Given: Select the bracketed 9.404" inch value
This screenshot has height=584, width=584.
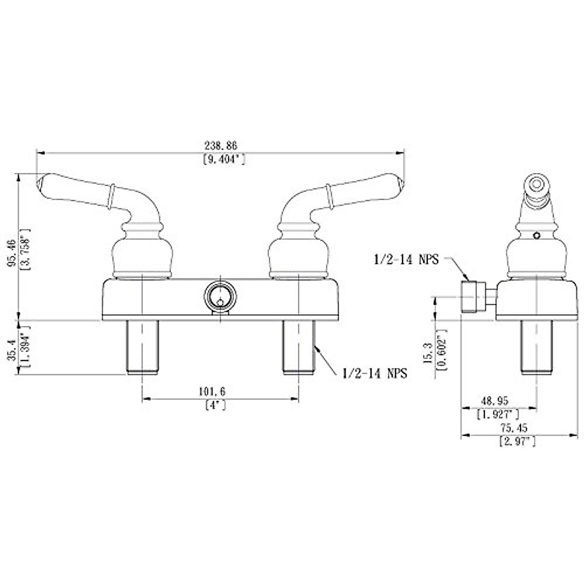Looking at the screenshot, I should (223, 159).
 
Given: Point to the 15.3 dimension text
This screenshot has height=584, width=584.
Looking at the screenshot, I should (429, 352).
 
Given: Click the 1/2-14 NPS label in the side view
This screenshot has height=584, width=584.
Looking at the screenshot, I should (406, 260).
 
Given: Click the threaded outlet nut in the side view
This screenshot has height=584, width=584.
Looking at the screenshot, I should (472, 296).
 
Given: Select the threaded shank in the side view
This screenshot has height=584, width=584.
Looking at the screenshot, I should (537, 347).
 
